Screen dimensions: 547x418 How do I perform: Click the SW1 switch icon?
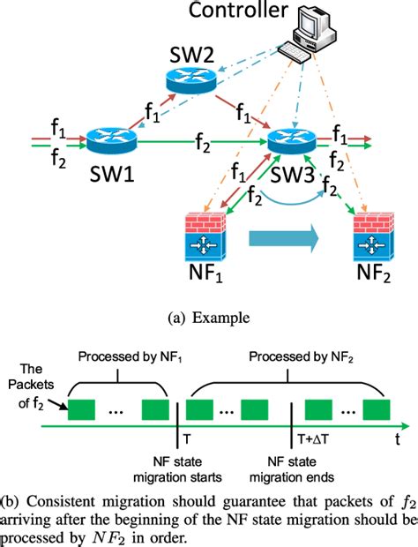pos(110,139)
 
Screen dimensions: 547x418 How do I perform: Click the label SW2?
pos(192,50)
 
